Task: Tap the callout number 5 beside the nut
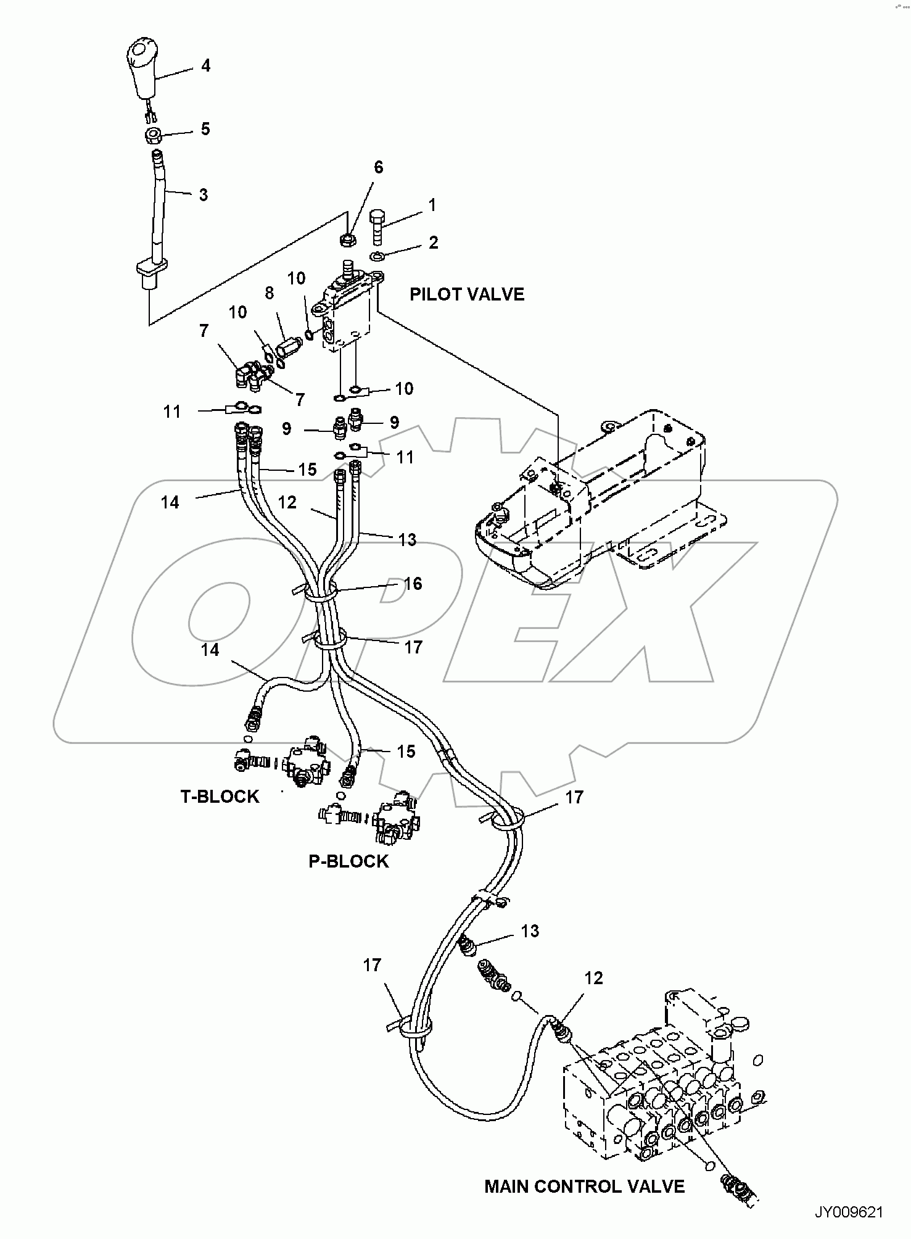[x=205, y=129]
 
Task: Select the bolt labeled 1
[x=378, y=228]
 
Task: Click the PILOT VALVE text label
[x=467, y=294]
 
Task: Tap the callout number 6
[x=378, y=167]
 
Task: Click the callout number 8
[x=270, y=292]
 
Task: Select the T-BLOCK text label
[x=220, y=797]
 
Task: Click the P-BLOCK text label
[x=348, y=861]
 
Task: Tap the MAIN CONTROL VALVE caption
[x=584, y=1187]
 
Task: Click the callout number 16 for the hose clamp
[x=413, y=584]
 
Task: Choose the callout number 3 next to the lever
[x=203, y=195]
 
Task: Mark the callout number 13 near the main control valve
[x=530, y=931]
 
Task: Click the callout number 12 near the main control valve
[x=593, y=978]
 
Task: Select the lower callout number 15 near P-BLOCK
[x=406, y=752]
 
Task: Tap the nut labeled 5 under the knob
[x=155, y=136]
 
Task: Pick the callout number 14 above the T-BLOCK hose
[x=210, y=650]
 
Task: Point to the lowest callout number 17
[x=372, y=965]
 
